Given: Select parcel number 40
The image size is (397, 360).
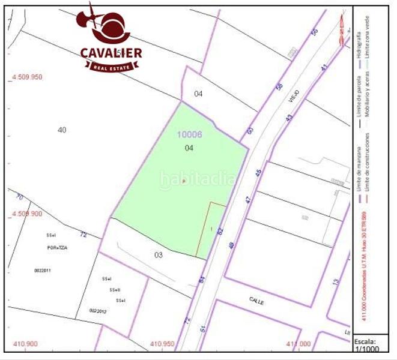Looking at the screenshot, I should [61, 130].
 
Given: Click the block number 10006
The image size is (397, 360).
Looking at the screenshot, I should [189, 135].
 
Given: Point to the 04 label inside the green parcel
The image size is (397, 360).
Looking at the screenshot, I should [189, 148].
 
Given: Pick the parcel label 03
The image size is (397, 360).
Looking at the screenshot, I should [158, 255].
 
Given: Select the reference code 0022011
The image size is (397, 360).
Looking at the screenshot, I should [44, 271].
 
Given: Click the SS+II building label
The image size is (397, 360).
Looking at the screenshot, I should [115, 290].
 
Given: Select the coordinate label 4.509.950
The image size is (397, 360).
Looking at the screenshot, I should [28, 77].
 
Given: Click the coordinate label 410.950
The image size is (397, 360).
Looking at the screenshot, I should [162, 344].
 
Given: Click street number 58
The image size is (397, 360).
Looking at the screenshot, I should [279, 88].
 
